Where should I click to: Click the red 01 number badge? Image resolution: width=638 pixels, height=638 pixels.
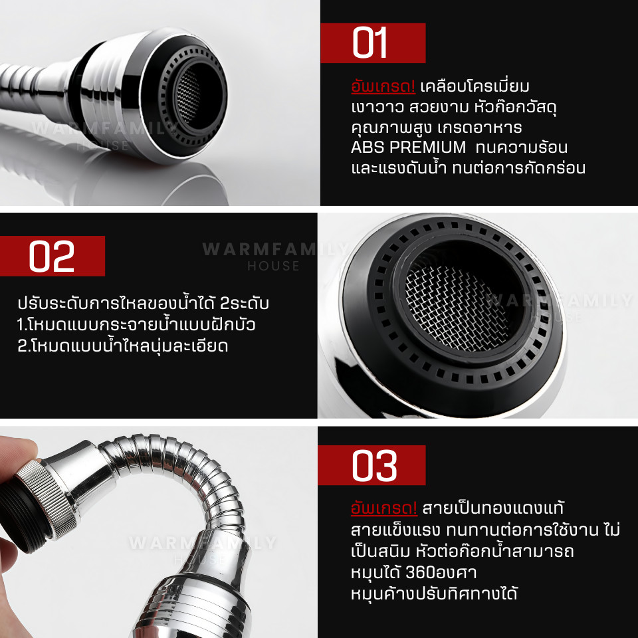373,43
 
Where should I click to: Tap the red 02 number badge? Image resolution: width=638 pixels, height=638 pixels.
52,255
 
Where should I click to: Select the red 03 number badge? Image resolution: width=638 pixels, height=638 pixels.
372,465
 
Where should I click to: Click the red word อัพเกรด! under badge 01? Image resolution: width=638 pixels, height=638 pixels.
383,86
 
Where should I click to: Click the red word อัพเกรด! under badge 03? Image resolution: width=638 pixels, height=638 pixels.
383,508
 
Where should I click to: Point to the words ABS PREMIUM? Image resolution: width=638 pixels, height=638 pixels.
408,148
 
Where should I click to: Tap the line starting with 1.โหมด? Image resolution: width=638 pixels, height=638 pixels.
136,325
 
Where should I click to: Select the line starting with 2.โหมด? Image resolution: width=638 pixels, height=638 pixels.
122,346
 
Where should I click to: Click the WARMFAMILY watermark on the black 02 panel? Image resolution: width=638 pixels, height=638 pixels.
273,249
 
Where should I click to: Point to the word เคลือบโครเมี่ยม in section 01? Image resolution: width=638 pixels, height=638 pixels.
475,86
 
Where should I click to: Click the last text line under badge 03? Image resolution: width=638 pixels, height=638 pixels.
434,593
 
